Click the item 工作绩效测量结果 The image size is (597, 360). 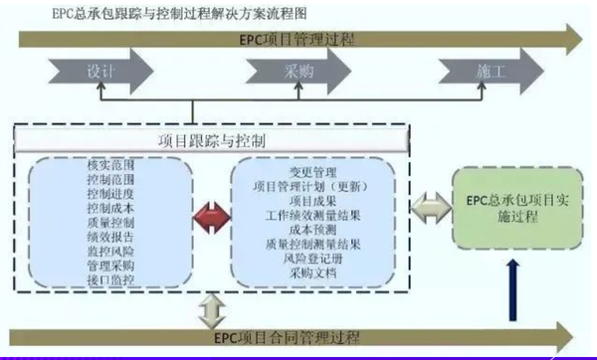[x=312, y=214]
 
